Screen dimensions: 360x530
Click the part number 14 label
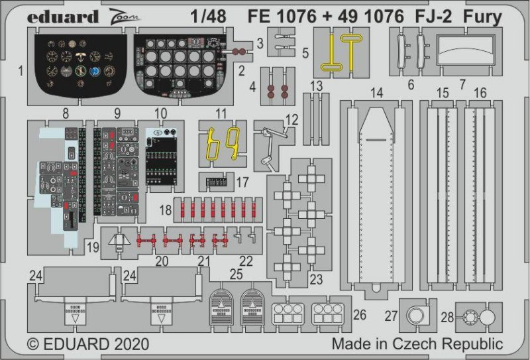(x=376, y=93)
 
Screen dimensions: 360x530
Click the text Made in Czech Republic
(x=417, y=345)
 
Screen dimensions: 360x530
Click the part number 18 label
(x=166, y=210)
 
